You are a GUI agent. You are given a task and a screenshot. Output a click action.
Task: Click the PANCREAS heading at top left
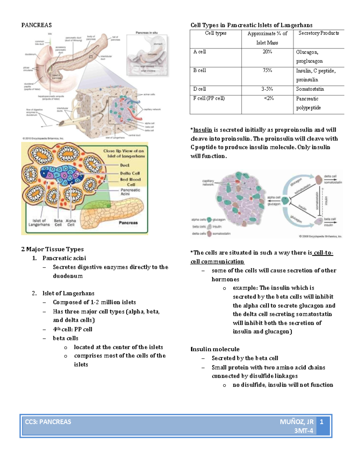click(36, 25)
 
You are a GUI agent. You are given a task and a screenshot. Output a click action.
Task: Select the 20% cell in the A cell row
click(267, 52)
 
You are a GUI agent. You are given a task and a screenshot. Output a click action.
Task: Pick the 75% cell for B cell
click(267, 71)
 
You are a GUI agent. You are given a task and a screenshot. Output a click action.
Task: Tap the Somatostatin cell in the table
click(310, 89)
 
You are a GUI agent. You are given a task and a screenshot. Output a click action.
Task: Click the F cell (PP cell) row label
click(209, 98)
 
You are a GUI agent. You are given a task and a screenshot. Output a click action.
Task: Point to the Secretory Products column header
click(319, 33)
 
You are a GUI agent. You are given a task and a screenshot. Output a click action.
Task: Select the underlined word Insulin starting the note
click(202, 130)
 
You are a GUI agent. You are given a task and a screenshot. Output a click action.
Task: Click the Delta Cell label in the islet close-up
click(130, 173)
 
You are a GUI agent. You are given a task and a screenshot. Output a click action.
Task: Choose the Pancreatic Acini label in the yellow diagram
click(130, 192)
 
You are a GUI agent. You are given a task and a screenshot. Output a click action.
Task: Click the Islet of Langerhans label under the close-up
click(39, 223)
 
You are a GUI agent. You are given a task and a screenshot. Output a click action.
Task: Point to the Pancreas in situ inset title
click(146, 33)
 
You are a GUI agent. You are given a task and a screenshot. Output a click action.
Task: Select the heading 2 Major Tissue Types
click(52, 249)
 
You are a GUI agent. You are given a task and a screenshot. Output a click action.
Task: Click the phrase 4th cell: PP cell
click(73, 329)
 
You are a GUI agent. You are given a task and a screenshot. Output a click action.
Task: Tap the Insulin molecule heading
click(215, 349)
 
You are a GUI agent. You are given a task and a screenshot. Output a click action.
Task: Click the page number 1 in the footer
click(322, 422)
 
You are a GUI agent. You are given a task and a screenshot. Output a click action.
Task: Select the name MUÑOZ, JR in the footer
click(296, 422)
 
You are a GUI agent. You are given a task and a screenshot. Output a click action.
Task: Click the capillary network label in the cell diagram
click(208, 183)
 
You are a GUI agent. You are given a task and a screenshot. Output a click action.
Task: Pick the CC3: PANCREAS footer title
click(48, 422)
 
